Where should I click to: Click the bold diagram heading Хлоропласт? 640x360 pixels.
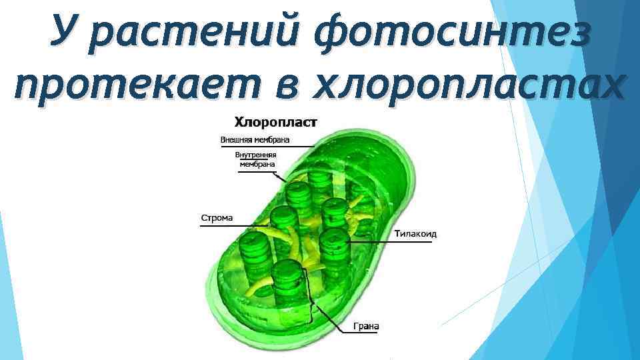[275, 122]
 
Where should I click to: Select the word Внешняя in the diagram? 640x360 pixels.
[237, 140]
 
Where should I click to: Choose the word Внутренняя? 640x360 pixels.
[256, 155]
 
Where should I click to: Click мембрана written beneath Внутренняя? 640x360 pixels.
[256, 164]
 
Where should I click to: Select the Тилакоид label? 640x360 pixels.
[415, 233]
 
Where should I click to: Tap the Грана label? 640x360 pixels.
[366, 326]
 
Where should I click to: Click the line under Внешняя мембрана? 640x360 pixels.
[267, 146]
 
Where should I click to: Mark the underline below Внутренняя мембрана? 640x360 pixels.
[256, 171]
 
